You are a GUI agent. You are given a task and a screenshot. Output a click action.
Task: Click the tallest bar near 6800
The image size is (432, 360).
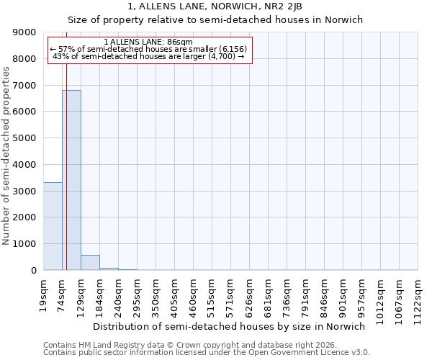71,180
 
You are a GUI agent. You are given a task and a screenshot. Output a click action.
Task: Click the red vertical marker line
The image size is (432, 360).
66,158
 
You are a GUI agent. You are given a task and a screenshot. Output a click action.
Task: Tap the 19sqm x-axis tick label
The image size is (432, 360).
44,294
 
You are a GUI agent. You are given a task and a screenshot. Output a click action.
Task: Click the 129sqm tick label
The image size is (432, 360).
81,294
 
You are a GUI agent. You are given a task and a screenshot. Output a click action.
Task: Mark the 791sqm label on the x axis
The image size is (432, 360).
306,294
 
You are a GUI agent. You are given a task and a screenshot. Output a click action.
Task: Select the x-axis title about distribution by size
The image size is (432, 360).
230,326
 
